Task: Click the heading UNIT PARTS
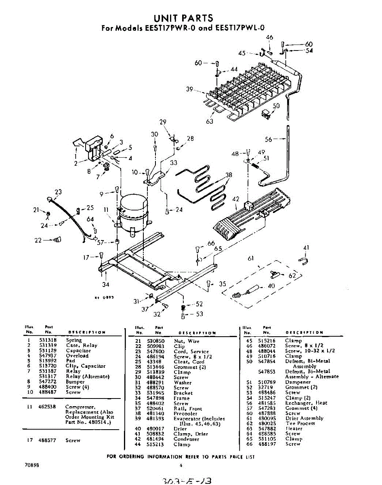click(183, 18)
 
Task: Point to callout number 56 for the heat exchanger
click(269, 139)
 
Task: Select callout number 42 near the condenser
click(236, 198)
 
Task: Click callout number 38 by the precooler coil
click(229, 175)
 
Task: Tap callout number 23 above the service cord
click(58, 192)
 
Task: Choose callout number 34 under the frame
click(106, 284)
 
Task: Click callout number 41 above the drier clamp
click(306, 248)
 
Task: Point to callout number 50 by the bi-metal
click(276, 106)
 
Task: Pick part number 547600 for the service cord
click(155, 352)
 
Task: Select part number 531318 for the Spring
click(47, 340)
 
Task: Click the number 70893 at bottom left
click(31, 465)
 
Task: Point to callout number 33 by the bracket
click(174, 163)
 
